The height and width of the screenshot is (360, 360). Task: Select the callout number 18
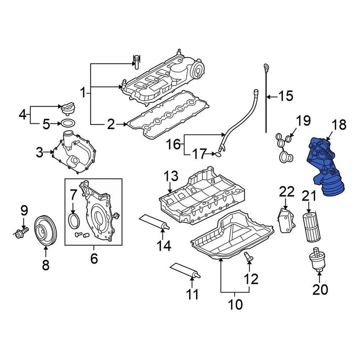point(339,125)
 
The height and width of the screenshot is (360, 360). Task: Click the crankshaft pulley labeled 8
point(45,230)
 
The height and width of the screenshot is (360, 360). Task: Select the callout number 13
point(171,175)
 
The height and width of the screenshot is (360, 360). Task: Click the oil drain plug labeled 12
point(249,257)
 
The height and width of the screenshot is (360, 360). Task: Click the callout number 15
point(286,96)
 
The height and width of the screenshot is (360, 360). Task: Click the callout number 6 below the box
point(94,258)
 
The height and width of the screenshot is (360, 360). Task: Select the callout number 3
point(40,152)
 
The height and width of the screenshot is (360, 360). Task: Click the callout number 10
point(235,304)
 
